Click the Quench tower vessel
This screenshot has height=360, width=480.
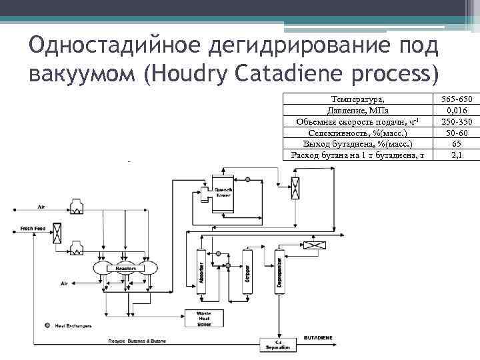[222, 193]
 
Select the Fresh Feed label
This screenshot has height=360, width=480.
[31, 229]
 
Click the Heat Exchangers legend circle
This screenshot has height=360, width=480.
[47, 326]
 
